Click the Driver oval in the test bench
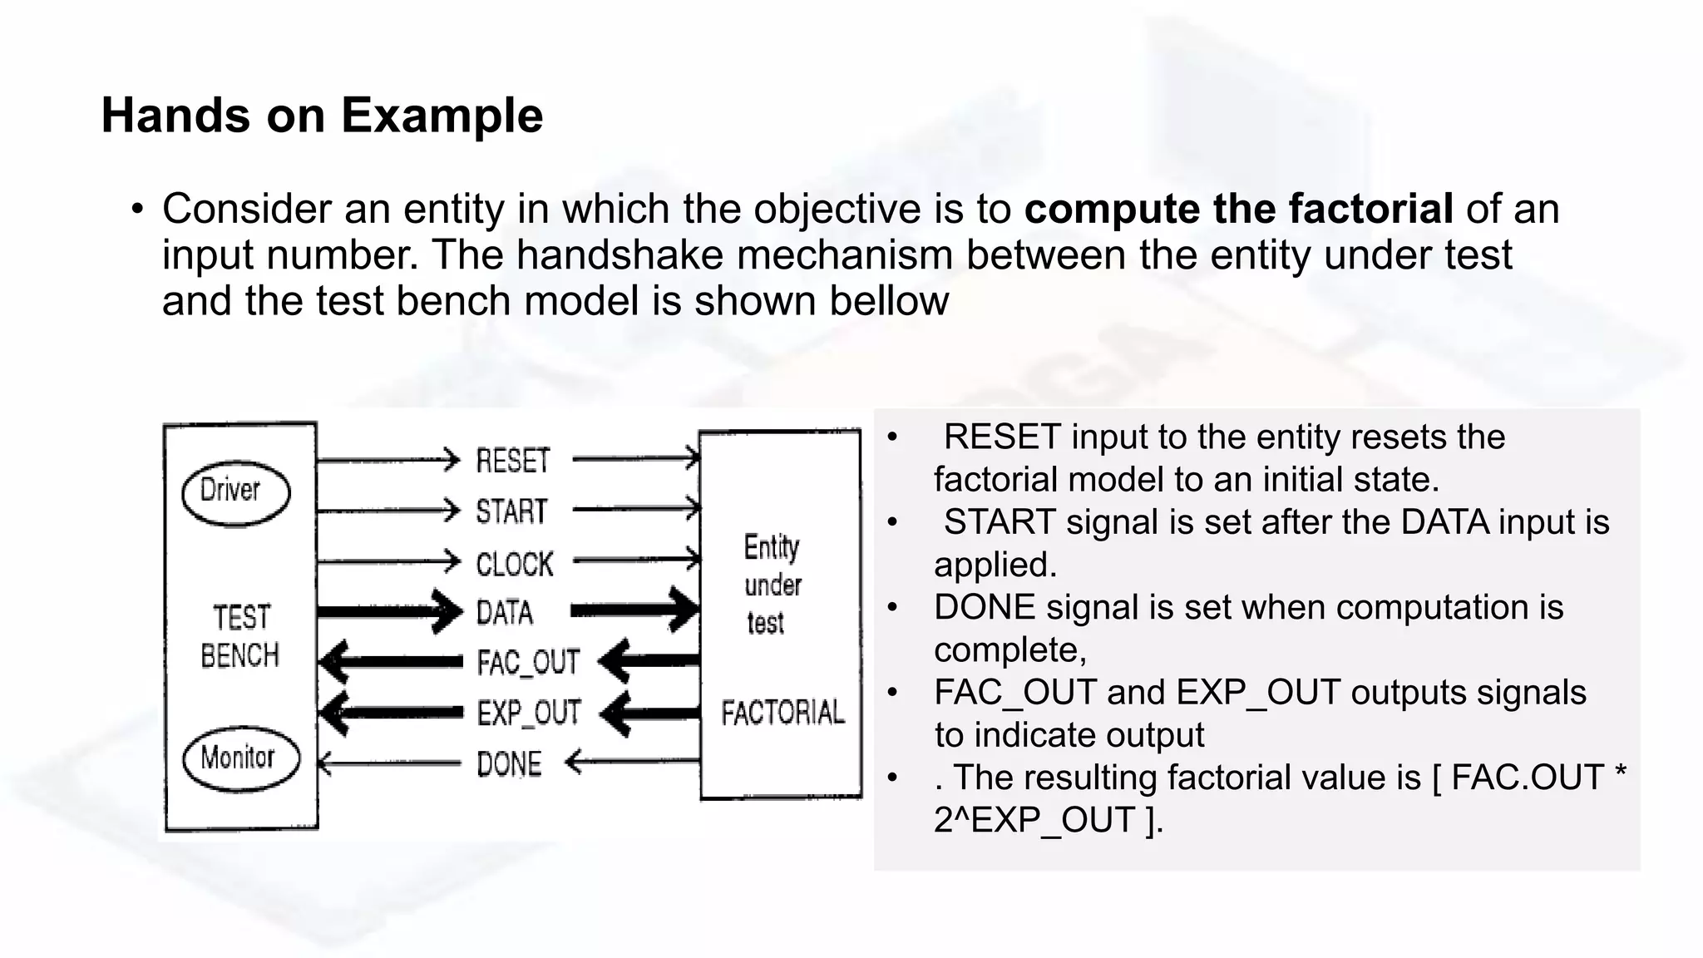pos(235,492)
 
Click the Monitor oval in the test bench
pos(239,758)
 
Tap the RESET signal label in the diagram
pos(512,461)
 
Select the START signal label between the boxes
pos(511,511)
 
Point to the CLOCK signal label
pos(514,565)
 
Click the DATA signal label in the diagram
pos(505,614)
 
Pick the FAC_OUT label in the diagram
pos(528,663)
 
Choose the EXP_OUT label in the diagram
pos(529,714)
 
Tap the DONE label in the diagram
pos(509,764)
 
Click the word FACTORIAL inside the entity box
pos(782,713)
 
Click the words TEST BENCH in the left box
pos(240,637)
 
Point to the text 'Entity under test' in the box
pos(772,585)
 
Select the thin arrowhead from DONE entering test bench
pos(326,763)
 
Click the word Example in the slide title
pos(442,115)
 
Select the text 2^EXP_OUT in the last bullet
pos(1036,821)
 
